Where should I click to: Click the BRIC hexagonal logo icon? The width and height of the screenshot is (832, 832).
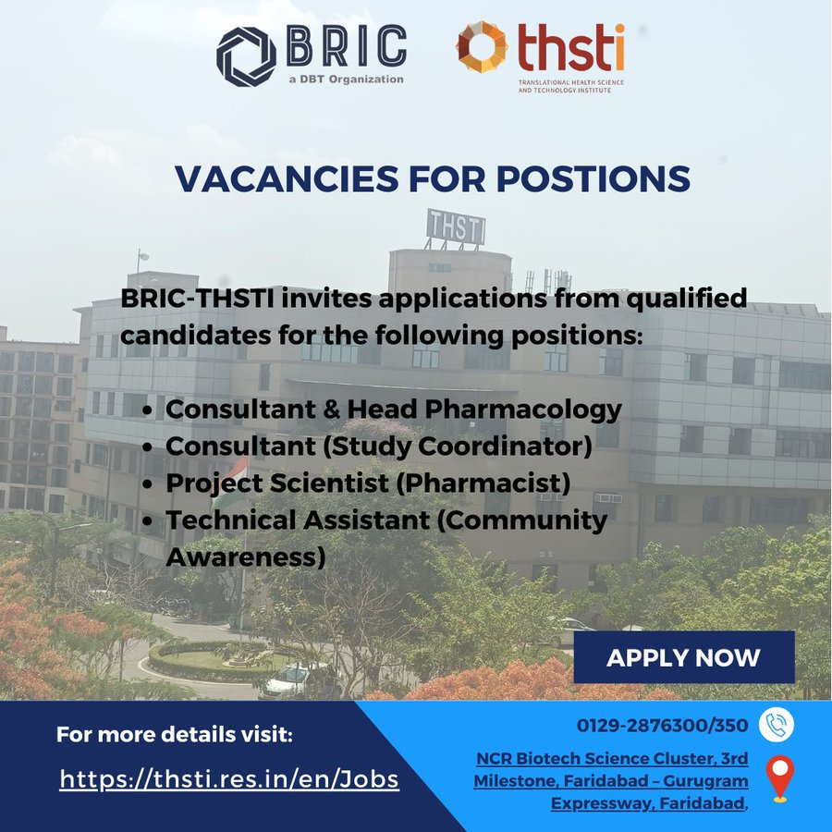coord(245,57)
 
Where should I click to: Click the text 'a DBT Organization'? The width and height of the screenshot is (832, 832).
coord(346,80)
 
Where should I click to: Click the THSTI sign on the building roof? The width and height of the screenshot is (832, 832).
coord(455,226)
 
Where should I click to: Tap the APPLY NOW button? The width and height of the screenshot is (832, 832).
coord(683,657)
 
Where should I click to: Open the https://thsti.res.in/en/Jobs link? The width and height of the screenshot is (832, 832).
coord(229,779)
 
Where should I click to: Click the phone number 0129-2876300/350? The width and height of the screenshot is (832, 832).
coord(663,726)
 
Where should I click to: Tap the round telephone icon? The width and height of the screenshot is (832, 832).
coord(777,726)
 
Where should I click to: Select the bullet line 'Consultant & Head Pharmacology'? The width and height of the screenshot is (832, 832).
coord(393,410)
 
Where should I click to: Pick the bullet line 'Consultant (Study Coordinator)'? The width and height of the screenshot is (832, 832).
coord(378,447)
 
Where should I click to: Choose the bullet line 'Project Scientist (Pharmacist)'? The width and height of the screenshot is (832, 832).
coord(367,483)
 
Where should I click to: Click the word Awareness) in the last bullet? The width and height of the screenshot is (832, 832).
coord(245,557)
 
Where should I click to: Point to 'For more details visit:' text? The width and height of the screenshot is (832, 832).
coord(174,736)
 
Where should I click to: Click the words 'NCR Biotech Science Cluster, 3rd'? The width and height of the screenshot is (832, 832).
coord(612,759)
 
